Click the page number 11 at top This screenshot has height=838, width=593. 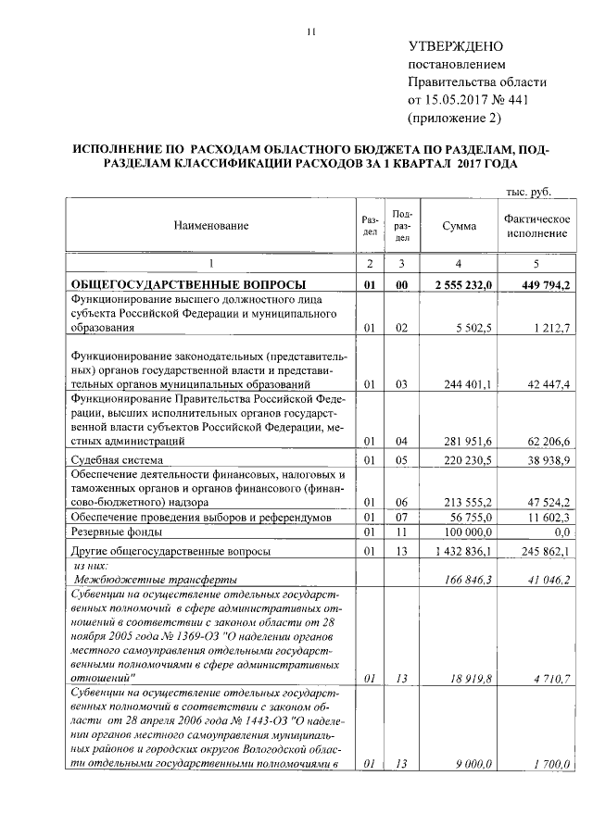click(312, 33)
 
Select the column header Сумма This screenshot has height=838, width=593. click(459, 226)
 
